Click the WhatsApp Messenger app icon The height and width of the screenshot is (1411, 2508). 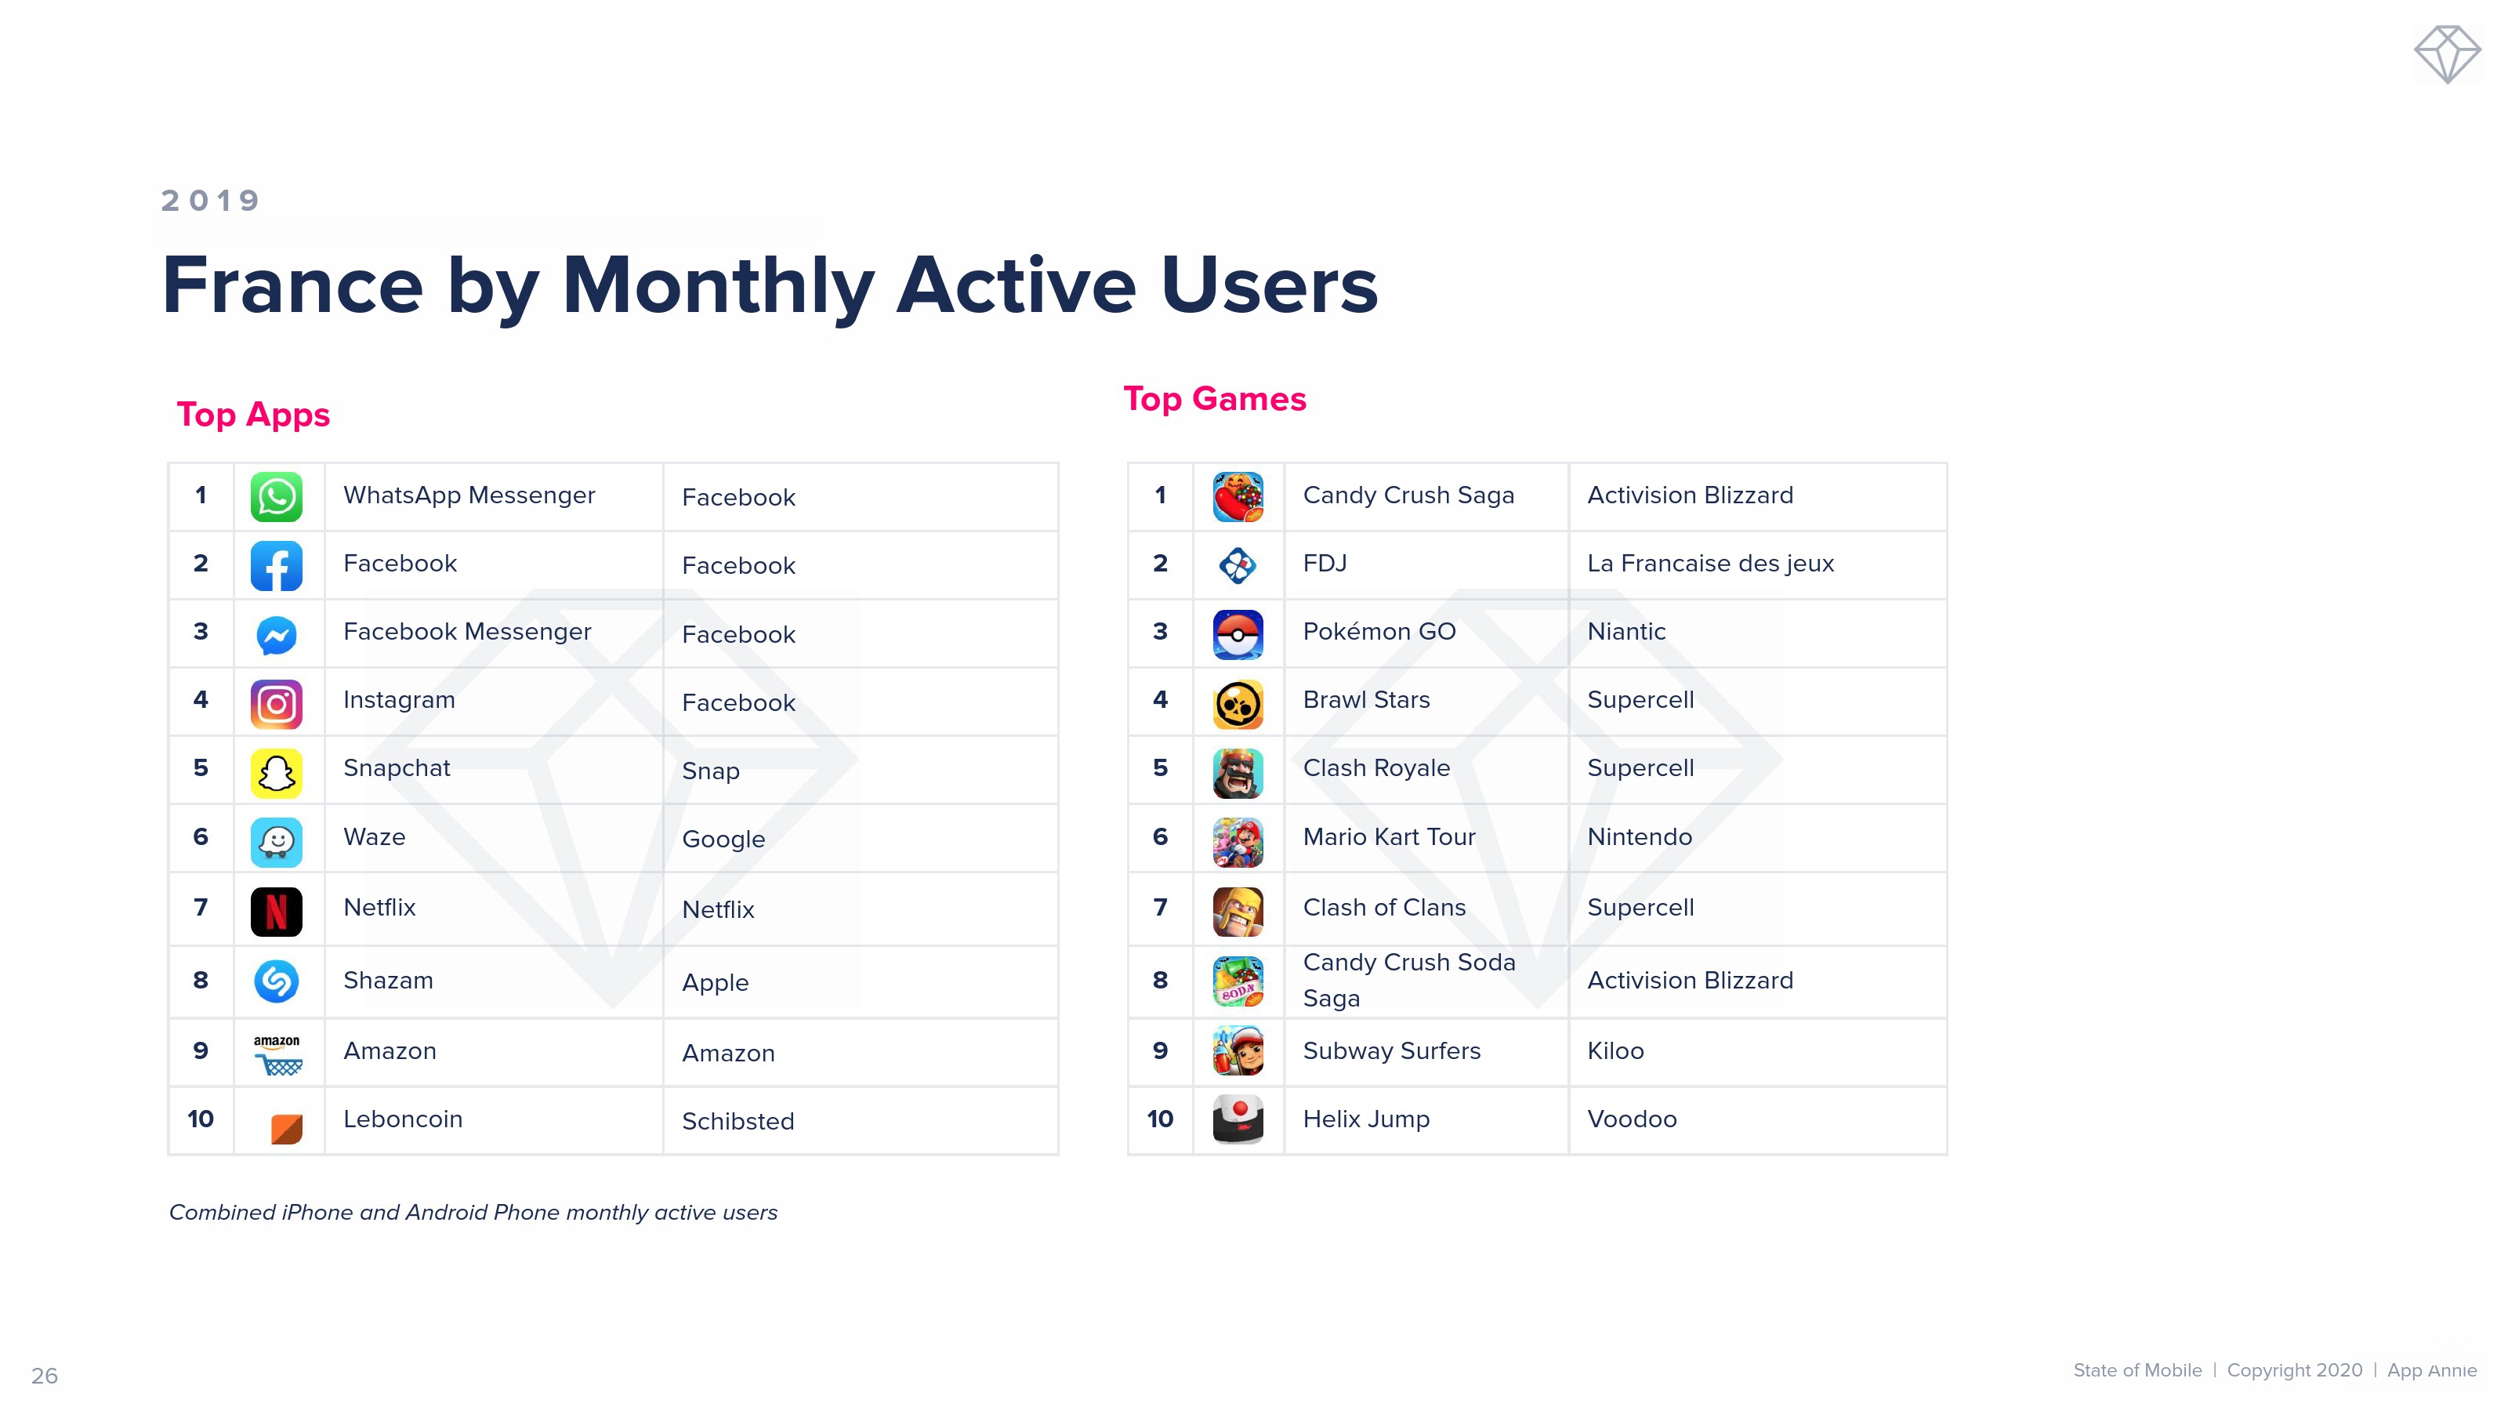coord(277,497)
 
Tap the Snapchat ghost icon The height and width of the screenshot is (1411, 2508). coord(277,772)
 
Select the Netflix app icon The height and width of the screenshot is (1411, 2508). coord(277,912)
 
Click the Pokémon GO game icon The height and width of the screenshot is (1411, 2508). coord(1238,635)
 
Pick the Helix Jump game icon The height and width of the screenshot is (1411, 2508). coord(1238,1119)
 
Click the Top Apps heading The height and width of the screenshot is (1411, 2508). coord(253,415)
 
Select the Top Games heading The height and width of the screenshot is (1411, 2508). coord(1214,399)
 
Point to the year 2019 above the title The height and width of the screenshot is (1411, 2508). coord(210,201)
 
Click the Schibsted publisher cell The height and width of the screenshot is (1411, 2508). coord(738,1121)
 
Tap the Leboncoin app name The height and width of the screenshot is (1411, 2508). coord(402,1119)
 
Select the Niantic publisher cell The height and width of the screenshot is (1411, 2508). coord(1626,632)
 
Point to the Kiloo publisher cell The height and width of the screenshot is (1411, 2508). coord(1615,1050)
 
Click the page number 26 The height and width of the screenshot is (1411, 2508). coord(45,1376)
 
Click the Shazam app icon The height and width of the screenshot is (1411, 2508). coord(277,981)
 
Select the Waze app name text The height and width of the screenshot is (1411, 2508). coord(374,837)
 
